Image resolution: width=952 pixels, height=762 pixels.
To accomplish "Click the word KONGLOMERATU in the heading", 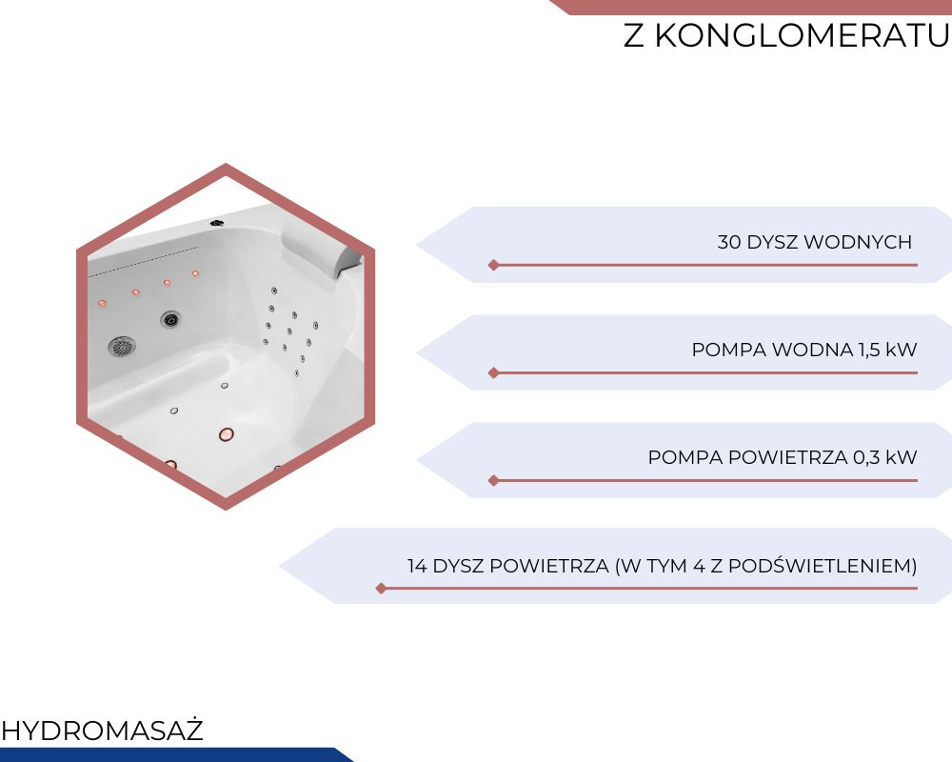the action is tap(802, 35).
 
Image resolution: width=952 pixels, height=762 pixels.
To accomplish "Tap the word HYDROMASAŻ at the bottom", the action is tap(102, 731).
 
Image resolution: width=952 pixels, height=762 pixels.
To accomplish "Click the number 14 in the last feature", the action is tap(417, 566).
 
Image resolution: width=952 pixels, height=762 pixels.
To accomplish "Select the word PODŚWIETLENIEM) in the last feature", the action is tap(823, 566).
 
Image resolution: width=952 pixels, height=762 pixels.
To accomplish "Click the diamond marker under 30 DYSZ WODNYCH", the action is tap(493, 265).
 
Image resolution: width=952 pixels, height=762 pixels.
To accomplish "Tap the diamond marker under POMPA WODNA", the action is tap(493, 372).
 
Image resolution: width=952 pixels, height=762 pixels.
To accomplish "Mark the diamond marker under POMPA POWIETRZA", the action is tap(493, 481).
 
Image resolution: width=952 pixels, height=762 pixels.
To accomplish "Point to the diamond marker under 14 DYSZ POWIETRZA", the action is tap(382, 589).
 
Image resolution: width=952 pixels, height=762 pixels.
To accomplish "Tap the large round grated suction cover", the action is tap(122, 347).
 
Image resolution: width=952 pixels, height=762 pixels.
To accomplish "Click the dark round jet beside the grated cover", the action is tap(170, 318).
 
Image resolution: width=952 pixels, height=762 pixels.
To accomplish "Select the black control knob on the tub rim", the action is tap(217, 223).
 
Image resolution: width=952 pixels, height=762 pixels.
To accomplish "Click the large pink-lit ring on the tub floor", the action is tap(226, 434).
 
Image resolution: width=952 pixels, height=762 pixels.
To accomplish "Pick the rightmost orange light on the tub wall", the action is tap(195, 273).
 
